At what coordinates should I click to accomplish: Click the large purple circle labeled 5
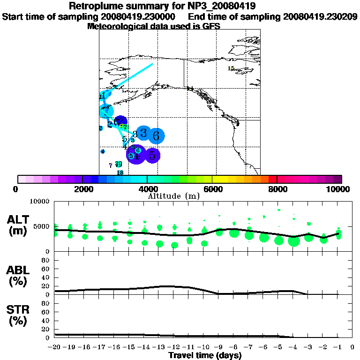(152, 155)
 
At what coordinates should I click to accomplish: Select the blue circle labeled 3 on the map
(144, 133)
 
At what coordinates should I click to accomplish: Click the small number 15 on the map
(231, 68)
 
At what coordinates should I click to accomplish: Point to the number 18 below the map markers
(120, 172)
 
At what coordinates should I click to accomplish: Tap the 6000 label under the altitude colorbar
(212, 189)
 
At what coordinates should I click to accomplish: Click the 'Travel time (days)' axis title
(205, 356)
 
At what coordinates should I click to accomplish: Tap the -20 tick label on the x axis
(55, 347)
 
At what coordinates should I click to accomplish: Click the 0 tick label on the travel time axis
(352, 347)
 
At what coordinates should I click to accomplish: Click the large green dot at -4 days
(294, 241)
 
